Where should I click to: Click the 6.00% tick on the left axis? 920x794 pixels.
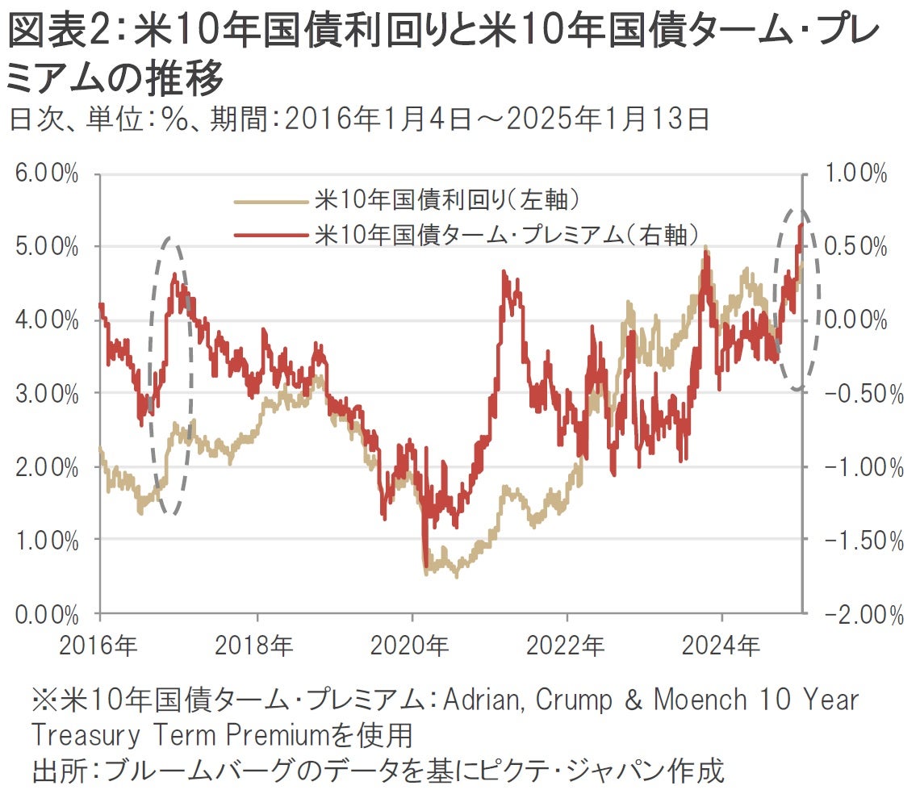click(47, 174)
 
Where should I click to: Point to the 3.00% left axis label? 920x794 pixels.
click(47, 394)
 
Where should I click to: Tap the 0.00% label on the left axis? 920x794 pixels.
click(47, 614)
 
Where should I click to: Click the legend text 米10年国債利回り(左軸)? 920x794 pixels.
click(448, 198)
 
